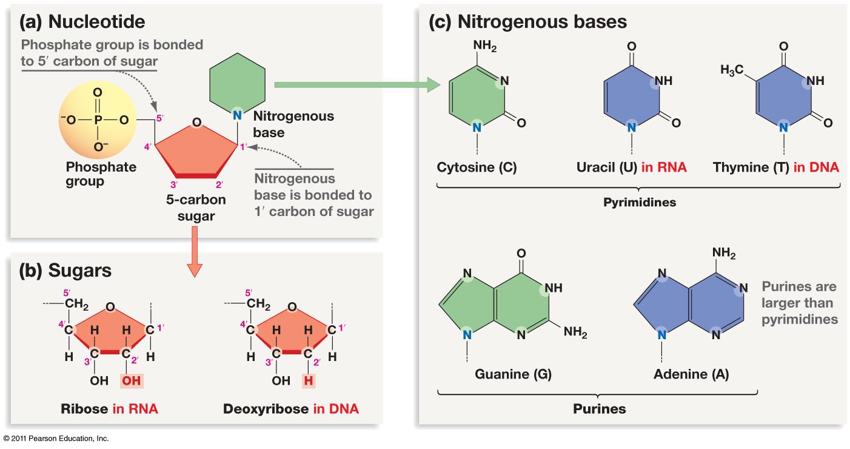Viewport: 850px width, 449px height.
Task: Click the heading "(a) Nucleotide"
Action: click(x=82, y=22)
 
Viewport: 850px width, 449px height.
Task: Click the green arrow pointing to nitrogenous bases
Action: click(x=358, y=86)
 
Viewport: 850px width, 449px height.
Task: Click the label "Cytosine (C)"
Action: click(x=477, y=167)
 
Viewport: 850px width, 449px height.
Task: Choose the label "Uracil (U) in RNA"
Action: click(x=631, y=167)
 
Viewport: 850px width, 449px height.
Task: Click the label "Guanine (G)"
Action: click(x=504, y=374)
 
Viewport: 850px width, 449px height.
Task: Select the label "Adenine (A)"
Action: click(x=691, y=374)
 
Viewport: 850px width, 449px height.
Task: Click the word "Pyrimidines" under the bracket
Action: click(x=640, y=202)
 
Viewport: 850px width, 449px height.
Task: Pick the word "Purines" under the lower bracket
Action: click(x=599, y=408)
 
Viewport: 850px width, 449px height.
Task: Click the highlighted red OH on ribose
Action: click(x=131, y=381)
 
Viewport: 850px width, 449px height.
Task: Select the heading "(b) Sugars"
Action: click(x=65, y=271)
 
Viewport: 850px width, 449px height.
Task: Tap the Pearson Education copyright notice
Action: click(x=56, y=438)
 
